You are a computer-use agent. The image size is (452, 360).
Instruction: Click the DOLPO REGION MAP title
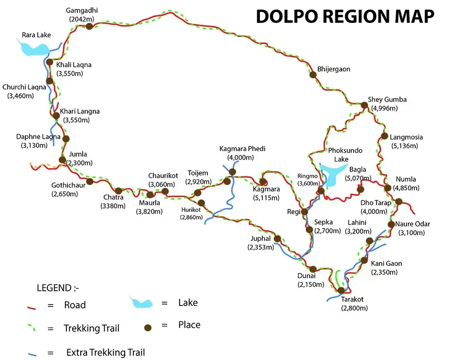[345, 16]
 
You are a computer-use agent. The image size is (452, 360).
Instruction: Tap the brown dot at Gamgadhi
[89, 26]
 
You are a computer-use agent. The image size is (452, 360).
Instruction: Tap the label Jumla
[78, 154]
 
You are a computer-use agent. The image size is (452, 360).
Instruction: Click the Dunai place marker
[313, 269]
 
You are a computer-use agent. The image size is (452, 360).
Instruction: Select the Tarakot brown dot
[341, 290]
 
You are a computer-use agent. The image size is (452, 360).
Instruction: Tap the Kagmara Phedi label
[242, 149]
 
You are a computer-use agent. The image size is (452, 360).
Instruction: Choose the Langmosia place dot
[384, 136]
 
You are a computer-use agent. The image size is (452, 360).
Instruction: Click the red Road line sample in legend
[32, 306]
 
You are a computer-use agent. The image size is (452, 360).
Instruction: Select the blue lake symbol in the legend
[141, 303]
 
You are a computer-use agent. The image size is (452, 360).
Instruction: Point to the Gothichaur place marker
[89, 181]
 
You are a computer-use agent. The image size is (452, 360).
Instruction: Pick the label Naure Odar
[412, 224]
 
